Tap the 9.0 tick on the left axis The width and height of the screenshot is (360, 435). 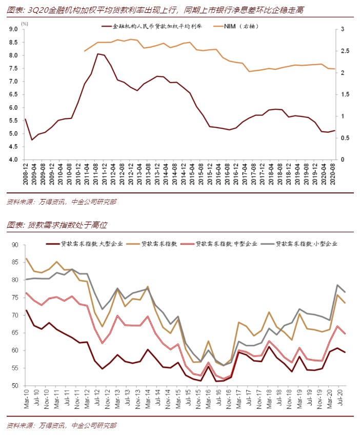(13, 29)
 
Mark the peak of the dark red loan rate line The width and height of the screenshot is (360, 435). (97, 54)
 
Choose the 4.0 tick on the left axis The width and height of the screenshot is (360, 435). (13, 160)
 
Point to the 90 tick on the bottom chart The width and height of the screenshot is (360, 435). (15, 245)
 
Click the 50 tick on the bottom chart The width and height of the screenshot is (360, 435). (15, 386)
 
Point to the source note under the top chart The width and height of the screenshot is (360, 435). (62, 202)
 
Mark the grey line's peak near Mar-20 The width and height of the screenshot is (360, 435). (338, 285)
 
